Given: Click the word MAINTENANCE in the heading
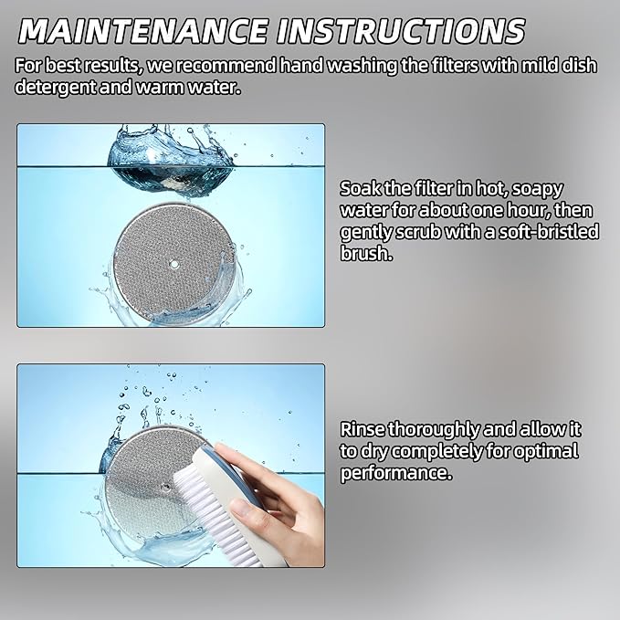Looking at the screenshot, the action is click(x=142, y=31).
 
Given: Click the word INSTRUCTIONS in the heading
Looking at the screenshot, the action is click(x=401, y=31).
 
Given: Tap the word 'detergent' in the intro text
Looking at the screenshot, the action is click(x=56, y=88).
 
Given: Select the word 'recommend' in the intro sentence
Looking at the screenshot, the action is click(x=226, y=65).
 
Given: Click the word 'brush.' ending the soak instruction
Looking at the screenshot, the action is click(x=366, y=253).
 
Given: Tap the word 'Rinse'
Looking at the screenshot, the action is click(x=363, y=430).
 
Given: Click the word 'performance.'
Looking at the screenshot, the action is click(x=395, y=473).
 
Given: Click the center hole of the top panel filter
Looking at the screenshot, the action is click(x=173, y=264).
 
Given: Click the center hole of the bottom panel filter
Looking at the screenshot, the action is click(x=165, y=489).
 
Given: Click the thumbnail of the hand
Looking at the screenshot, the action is click(x=239, y=507).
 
